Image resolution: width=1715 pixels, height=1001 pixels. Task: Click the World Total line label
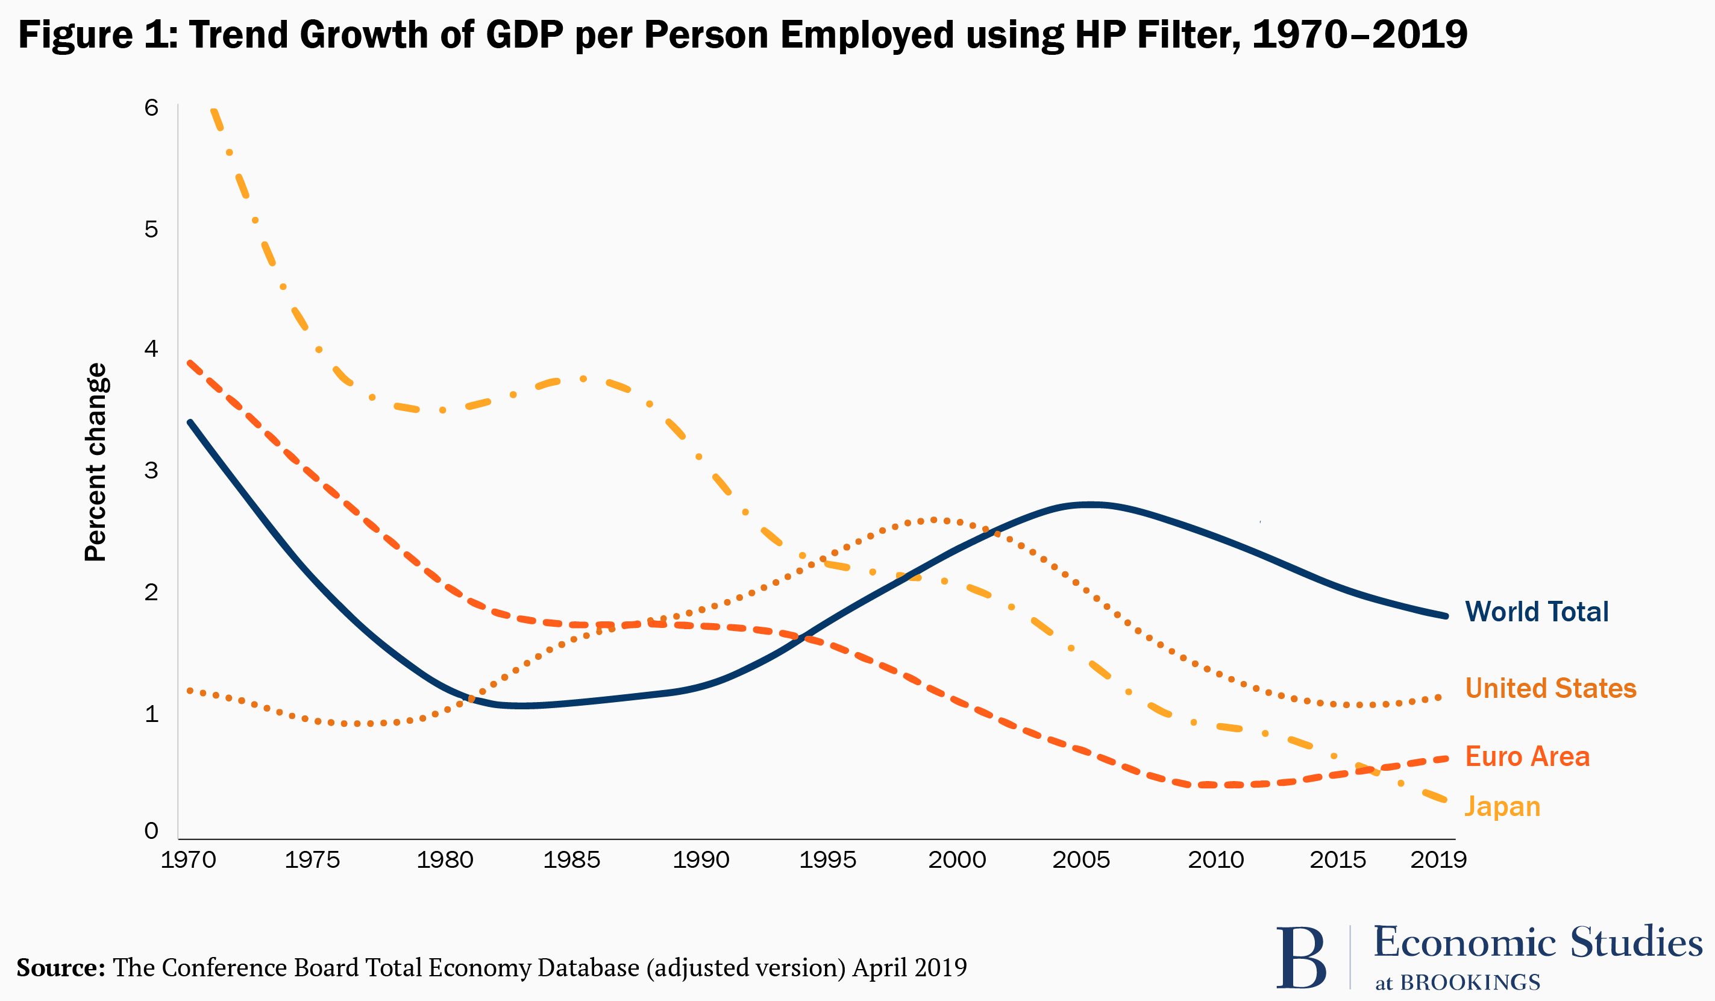pyautogui.click(x=1536, y=612)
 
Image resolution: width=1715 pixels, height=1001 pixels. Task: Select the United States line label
pyautogui.click(x=1550, y=688)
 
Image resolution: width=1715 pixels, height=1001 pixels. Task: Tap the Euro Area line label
pyautogui.click(x=1526, y=756)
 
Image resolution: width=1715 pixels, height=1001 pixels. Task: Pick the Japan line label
pyautogui.click(x=1502, y=806)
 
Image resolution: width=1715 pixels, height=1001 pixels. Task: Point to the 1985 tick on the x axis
pyautogui.click(x=571, y=860)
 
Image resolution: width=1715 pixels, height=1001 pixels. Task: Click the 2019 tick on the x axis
pyautogui.click(x=1438, y=860)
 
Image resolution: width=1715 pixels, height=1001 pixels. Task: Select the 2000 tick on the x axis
pyautogui.click(x=957, y=860)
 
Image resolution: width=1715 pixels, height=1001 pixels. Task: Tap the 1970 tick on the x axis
pyautogui.click(x=188, y=860)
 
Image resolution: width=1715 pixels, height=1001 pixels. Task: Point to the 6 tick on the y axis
pyautogui.click(x=151, y=107)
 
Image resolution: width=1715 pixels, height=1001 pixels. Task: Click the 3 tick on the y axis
pyautogui.click(x=151, y=469)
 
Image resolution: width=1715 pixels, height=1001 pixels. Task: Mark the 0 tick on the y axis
pyautogui.click(x=151, y=830)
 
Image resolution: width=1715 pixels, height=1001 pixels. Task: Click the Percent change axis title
pyautogui.click(x=95, y=462)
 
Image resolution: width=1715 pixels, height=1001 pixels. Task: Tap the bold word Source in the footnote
pyautogui.click(x=60, y=967)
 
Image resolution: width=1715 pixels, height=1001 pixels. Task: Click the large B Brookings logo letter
pyautogui.click(x=1300, y=958)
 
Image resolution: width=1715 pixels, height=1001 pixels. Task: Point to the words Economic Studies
pyautogui.click(x=1537, y=943)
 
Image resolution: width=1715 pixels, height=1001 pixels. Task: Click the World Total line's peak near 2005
pyautogui.click(x=1090, y=505)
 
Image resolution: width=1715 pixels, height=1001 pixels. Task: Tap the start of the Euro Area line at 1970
pyautogui.click(x=190, y=363)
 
